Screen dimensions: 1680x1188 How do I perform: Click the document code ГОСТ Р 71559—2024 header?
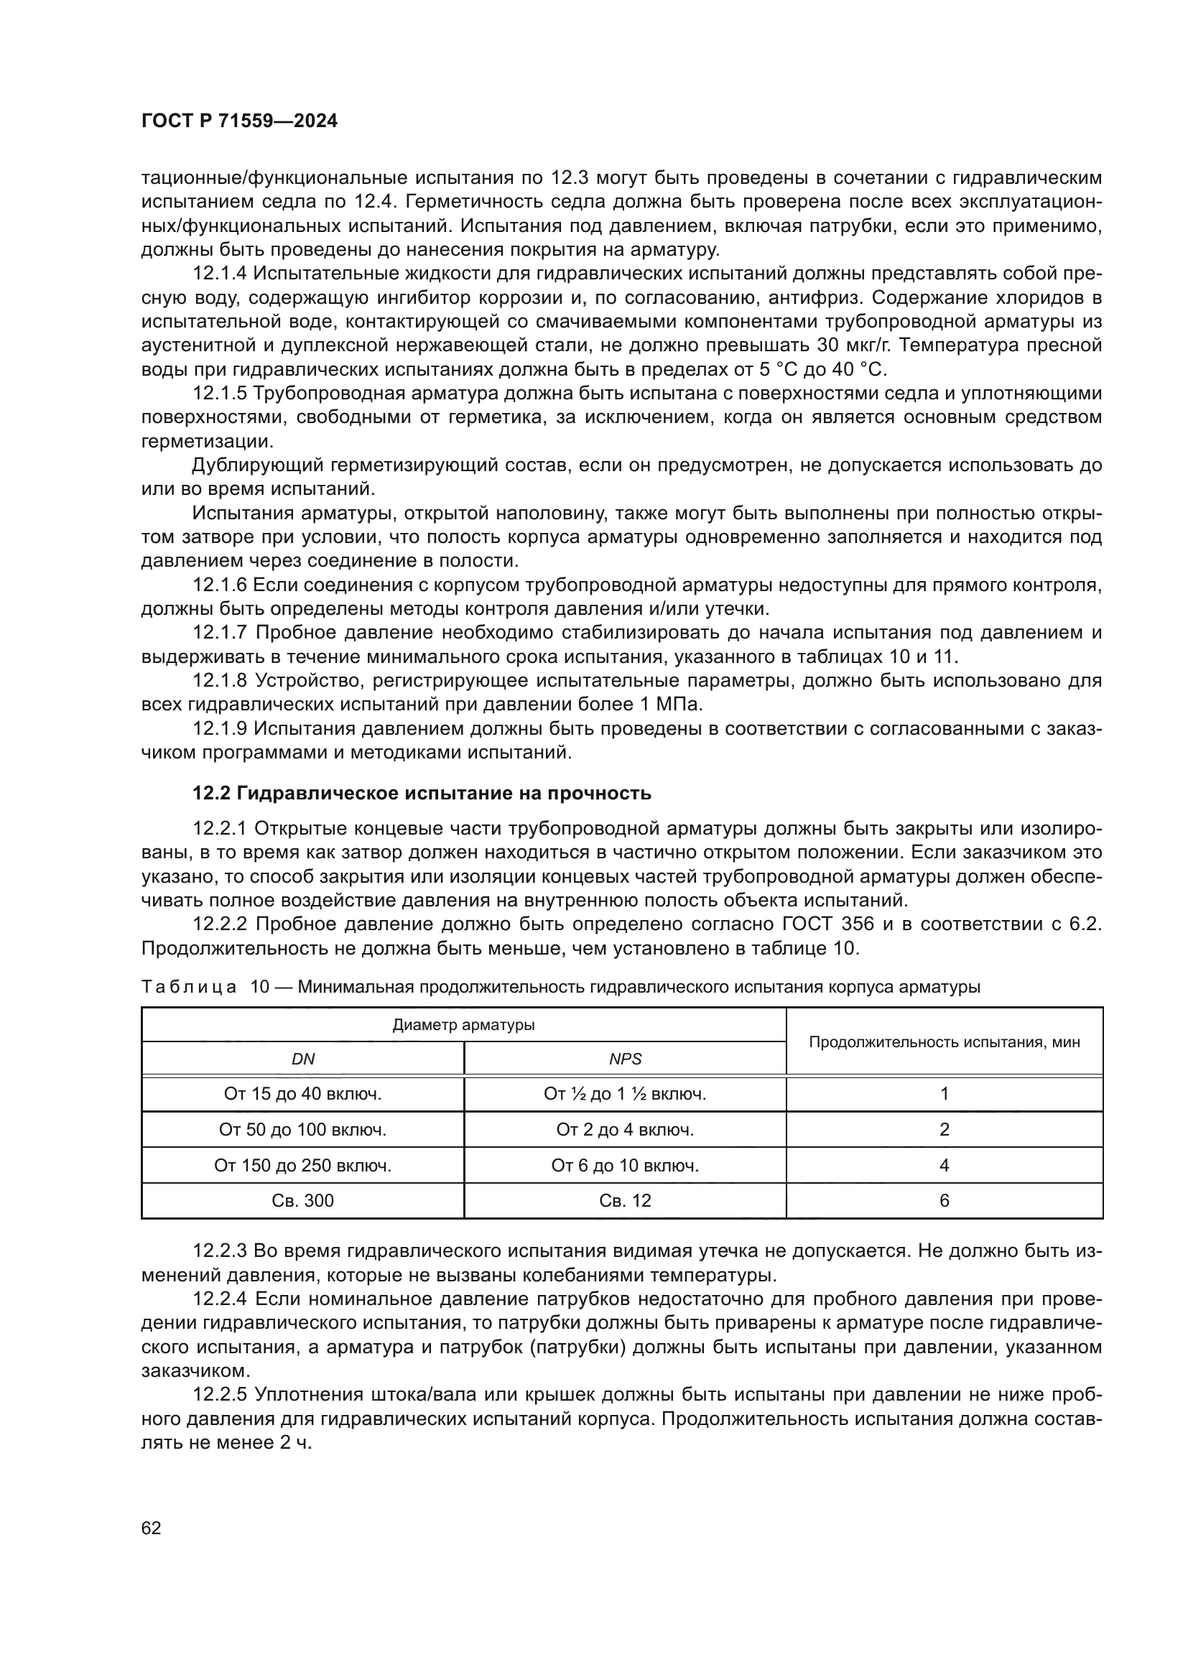[x=239, y=121]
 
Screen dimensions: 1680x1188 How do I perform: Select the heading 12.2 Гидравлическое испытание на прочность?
[x=422, y=793]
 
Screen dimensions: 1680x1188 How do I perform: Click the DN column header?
[x=303, y=1059]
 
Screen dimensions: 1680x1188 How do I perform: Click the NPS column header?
[x=625, y=1059]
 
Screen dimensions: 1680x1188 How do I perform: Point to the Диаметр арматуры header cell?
[x=464, y=1024]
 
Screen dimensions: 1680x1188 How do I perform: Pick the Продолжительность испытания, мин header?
[x=944, y=1042]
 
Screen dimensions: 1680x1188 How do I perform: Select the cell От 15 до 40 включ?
[x=303, y=1094]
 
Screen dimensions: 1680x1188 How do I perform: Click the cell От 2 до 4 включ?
[x=625, y=1130]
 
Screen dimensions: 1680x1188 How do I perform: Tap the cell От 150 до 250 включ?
[x=303, y=1166]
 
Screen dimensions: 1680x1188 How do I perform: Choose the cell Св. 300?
[x=303, y=1201]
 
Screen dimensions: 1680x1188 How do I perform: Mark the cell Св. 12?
[x=625, y=1201]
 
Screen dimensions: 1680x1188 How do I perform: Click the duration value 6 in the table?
[x=944, y=1201]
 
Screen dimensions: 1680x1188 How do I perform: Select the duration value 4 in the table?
[x=944, y=1166]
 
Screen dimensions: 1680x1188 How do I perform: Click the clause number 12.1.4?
[x=221, y=274]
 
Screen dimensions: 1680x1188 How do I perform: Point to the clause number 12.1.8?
[x=221, y=680]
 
